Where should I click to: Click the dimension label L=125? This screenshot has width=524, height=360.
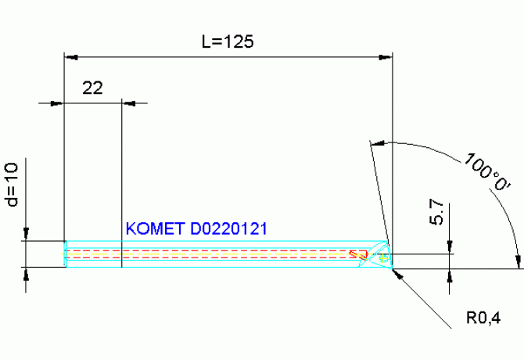[228, 41]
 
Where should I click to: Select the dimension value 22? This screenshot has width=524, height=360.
[92, 88]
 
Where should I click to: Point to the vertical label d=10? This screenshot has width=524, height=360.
[12, 185]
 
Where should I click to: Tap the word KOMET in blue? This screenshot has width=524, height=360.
[155, 229]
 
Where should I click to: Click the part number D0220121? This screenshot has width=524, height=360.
[228, 229]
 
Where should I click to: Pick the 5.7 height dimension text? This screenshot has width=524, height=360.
[436, 213]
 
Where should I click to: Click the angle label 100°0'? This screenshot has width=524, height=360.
[487, 172]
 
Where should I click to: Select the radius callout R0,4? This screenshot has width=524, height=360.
[483, 318]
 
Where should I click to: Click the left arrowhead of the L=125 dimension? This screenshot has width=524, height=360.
[71, 57]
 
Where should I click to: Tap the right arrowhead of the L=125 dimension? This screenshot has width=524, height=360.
[386, 57]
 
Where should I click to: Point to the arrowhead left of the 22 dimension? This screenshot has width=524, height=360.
[57, 103]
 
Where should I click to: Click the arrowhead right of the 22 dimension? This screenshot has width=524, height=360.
[129, 103]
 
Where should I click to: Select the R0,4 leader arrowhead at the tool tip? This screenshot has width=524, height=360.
[397, 274]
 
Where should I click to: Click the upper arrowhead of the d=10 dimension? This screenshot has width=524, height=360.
[26, 234]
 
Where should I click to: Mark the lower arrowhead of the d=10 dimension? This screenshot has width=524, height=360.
[26, 274]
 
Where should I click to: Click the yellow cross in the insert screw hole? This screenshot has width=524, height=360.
[383, 257]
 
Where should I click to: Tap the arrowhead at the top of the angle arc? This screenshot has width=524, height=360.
[377, 144]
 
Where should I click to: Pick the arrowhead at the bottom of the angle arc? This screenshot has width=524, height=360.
[518, 261]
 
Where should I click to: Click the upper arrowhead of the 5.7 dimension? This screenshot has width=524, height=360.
[450, 247]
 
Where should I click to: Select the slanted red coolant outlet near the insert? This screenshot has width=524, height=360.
[358, 255]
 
